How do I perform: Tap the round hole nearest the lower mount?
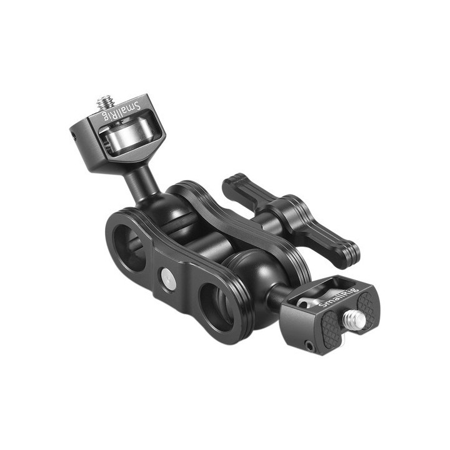click(x=217, y=304)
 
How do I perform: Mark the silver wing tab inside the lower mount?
click(x=306, y=302)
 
